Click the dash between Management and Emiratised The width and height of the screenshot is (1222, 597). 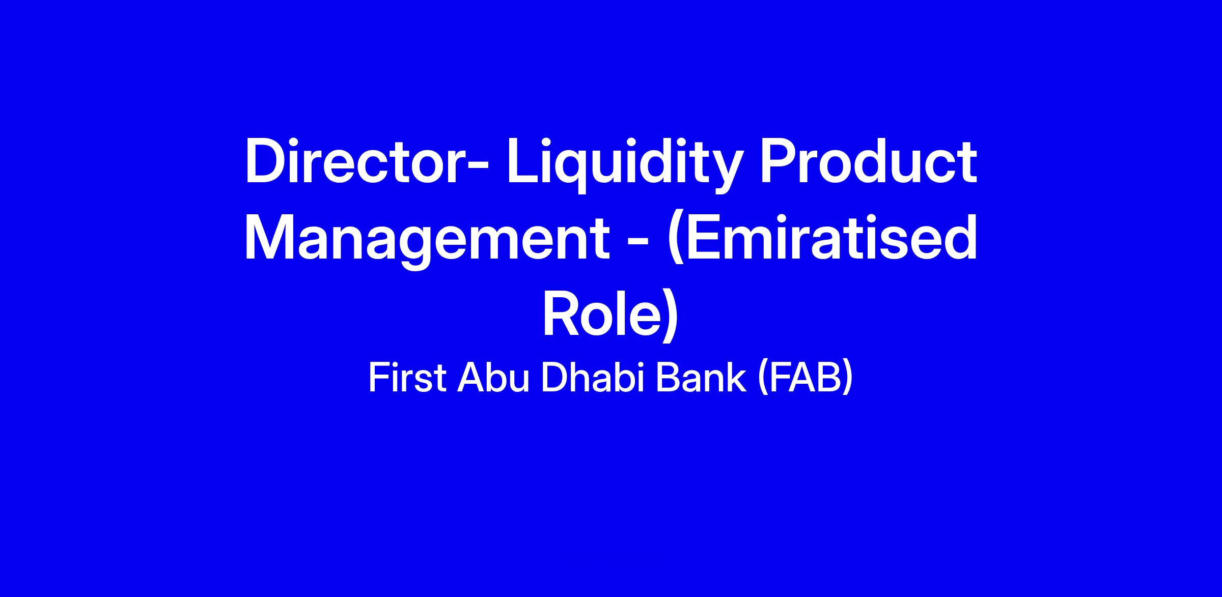pos(636,245)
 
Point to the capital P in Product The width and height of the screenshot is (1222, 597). pos(779,162)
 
